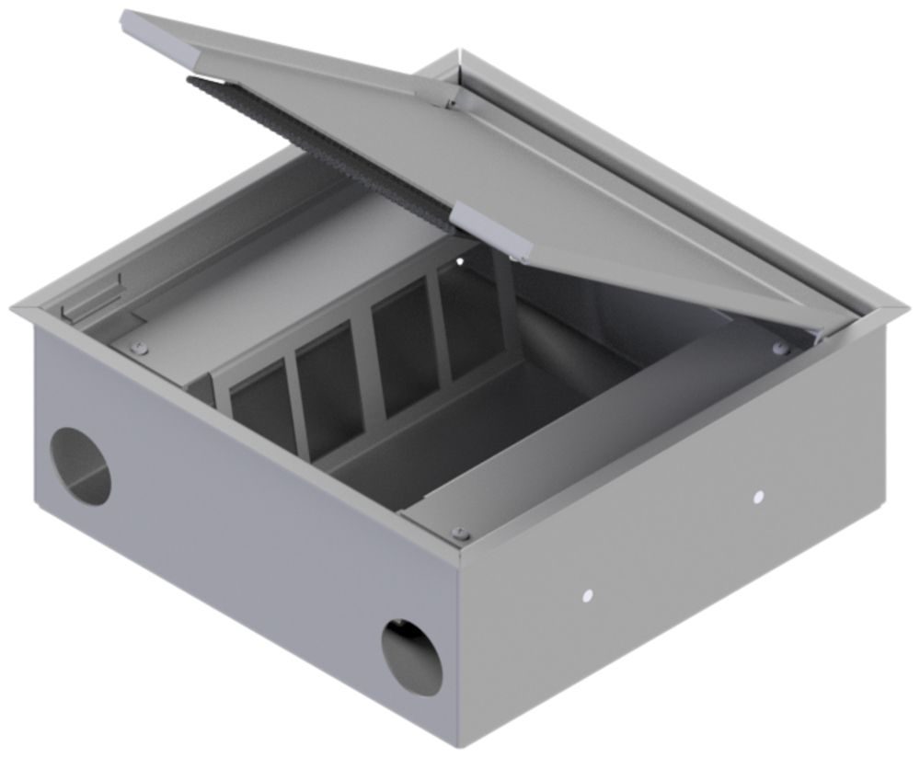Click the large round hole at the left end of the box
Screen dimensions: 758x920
pos(80,465)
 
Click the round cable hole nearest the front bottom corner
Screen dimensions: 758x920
pos(412,657)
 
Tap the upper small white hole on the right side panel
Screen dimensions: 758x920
pos(758,497)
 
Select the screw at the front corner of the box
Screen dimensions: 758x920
pos(461,534)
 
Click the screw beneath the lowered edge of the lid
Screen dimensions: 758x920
pos(780,347)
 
